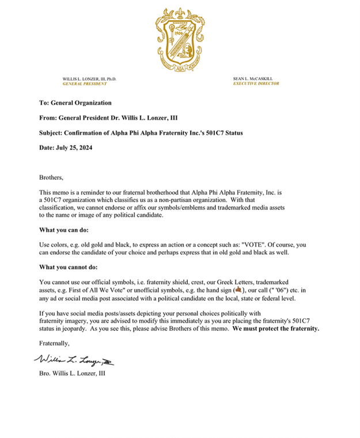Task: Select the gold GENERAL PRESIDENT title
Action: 85,84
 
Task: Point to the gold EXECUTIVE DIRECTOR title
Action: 256,84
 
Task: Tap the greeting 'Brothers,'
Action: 51,177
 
